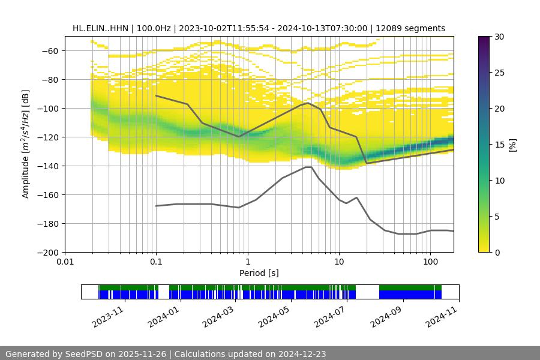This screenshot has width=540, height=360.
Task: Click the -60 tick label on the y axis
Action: [49, 50]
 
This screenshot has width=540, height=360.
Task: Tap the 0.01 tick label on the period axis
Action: [65, 262]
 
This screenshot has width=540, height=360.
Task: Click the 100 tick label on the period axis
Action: [430, 262]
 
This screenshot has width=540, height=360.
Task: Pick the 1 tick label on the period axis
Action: [247, 262]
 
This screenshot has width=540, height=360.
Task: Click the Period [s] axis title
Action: [259, 273]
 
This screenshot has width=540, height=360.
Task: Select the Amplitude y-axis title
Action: [26, 144]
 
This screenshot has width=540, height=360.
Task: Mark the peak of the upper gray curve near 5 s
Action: [308, 103]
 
